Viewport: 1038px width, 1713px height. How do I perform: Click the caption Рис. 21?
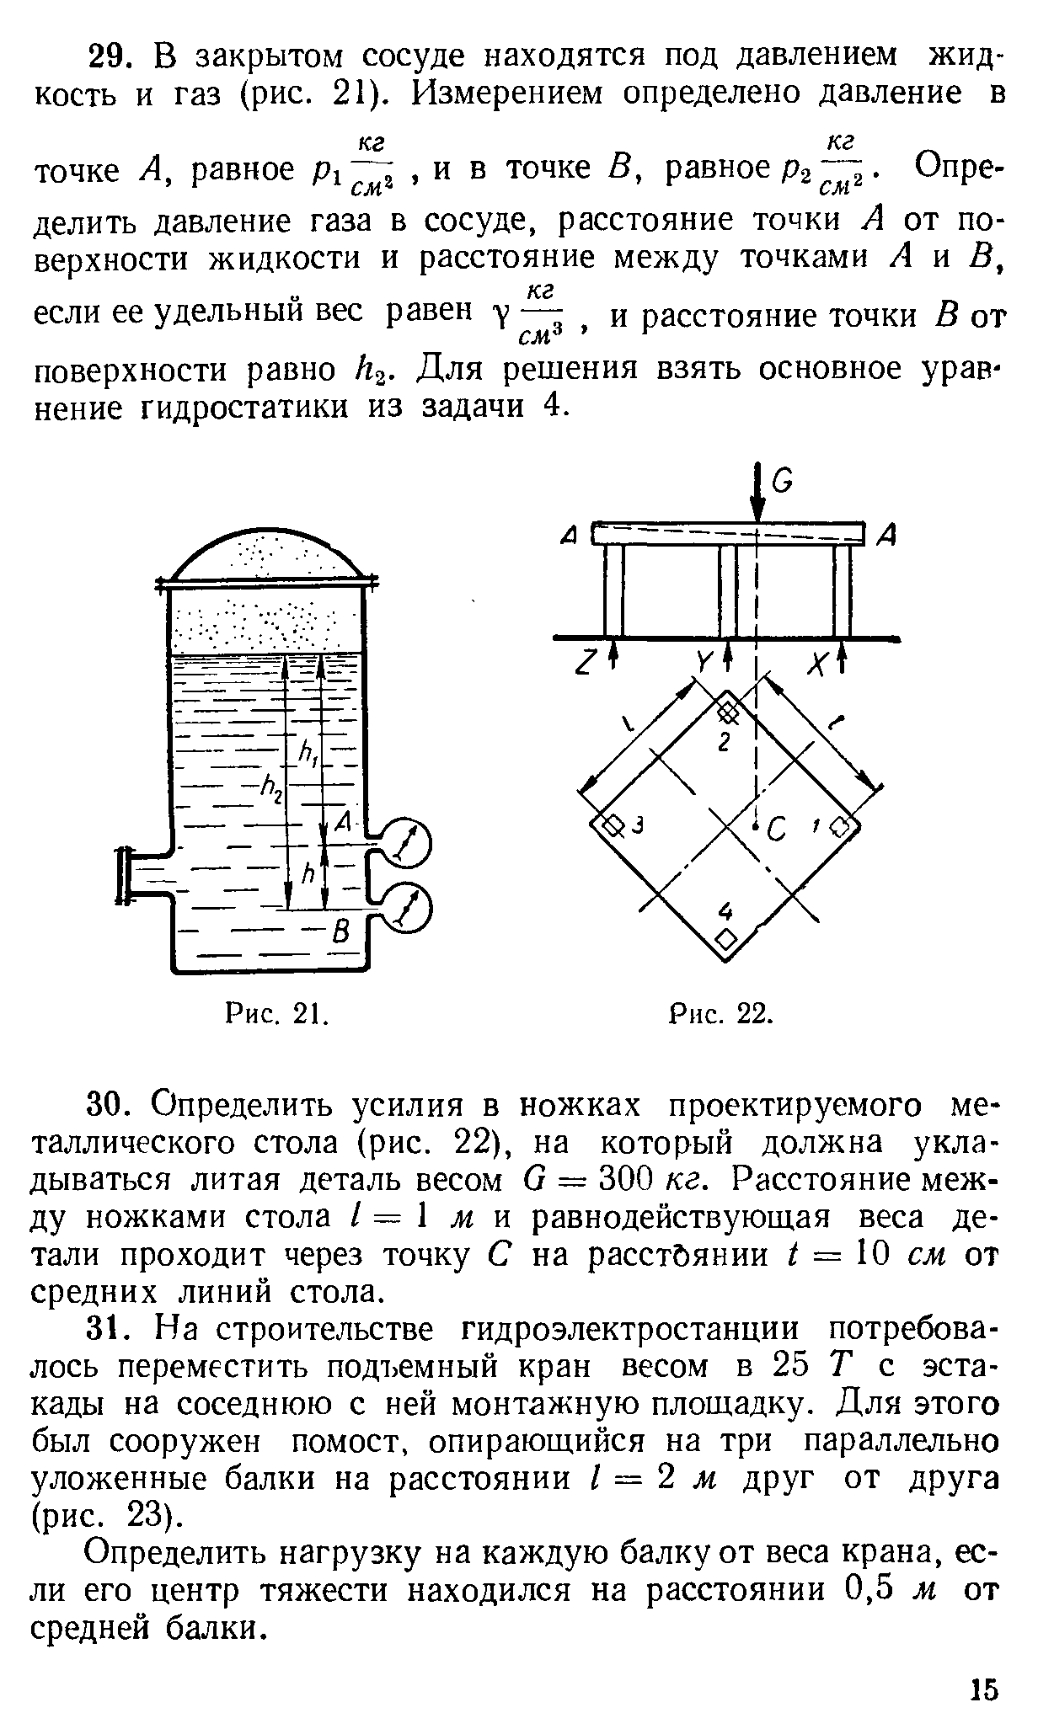tap(276, 1014)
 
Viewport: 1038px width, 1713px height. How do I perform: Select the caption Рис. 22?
tap(720, 1014)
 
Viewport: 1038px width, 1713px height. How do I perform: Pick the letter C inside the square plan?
tap(777, 831)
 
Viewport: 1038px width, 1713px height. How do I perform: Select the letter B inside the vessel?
tap(341, 932)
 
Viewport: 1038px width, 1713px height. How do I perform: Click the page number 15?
tap(983, 1688)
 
